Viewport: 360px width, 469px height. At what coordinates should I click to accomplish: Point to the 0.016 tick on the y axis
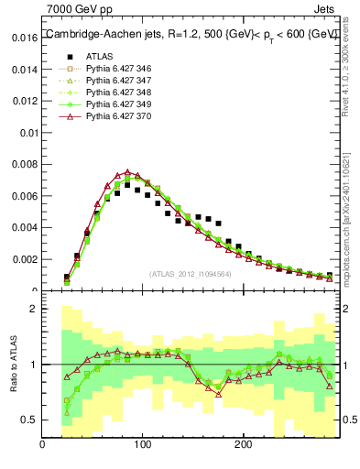tap(24, 39)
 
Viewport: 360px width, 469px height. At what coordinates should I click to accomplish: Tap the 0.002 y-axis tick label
tap(24, 259)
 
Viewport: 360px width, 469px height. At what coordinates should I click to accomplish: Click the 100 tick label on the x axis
tap(142, 446)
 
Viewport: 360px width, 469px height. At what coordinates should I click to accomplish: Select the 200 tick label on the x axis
tap(242, 446)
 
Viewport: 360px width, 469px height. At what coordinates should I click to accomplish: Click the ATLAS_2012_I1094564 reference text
tap(190, 273)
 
